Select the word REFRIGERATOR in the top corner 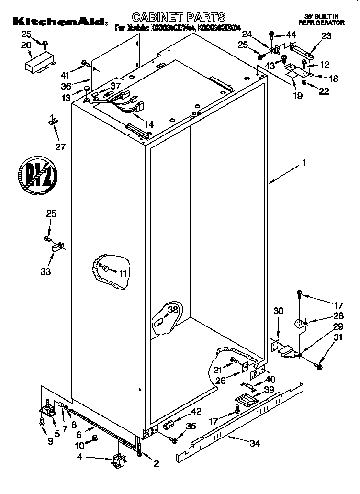321,22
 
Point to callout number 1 304,163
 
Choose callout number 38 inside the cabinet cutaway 173,310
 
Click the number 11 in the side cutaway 123,273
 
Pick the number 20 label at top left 26,45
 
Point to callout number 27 60,146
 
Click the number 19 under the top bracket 297,96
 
